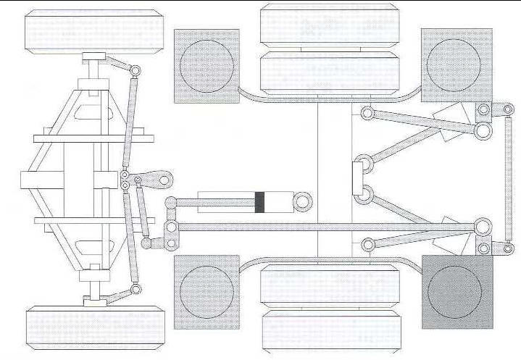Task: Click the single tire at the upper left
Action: [x=94, y=31]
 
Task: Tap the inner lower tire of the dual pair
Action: [x=330, y=287]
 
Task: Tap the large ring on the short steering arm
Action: [x=164, y=179]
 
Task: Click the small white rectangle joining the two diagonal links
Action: [x=357, y=178]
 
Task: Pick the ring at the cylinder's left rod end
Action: [x=172, y=202]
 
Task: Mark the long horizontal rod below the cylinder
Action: [x=326, y=227]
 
